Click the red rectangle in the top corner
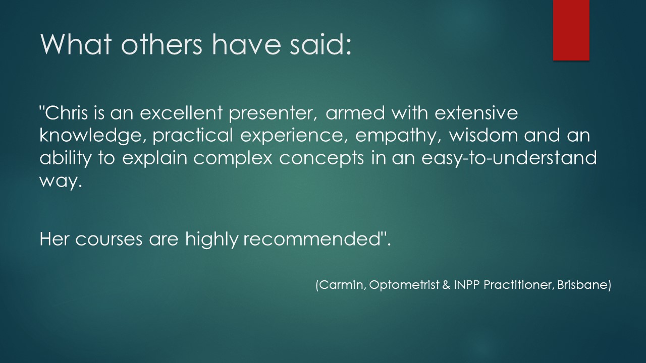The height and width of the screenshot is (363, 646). point(571,30)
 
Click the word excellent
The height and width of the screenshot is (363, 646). point(181,112)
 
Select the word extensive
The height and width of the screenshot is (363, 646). point(476,112)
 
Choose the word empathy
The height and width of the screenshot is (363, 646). point(398,137)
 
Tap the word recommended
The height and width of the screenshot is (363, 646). point(312,238)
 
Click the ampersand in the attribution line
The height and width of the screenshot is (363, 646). point(446,285)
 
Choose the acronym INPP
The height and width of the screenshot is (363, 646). point(467,285)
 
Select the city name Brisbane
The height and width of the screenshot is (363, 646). point(582,285)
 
